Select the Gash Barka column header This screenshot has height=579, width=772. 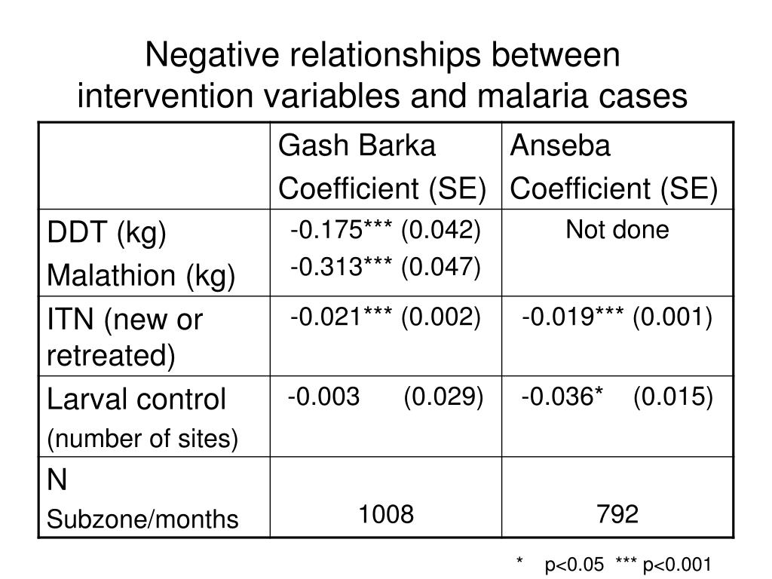click(357, 146)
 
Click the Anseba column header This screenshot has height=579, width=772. click(560, 146)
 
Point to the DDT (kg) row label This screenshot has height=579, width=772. click(106, 234)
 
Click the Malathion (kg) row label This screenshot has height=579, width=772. click(142, 275)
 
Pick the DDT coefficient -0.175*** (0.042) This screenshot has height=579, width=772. click(385, 230)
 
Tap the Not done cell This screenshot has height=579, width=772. click(617, 230)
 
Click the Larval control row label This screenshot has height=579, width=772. click(136, 399)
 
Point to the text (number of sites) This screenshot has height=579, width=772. click(142, 438)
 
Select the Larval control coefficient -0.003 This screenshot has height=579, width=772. click(323, 397)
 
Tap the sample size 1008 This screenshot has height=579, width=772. click(385, 514)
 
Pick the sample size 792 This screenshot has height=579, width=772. click(617, 514)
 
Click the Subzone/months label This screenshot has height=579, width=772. click(142, 519)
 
